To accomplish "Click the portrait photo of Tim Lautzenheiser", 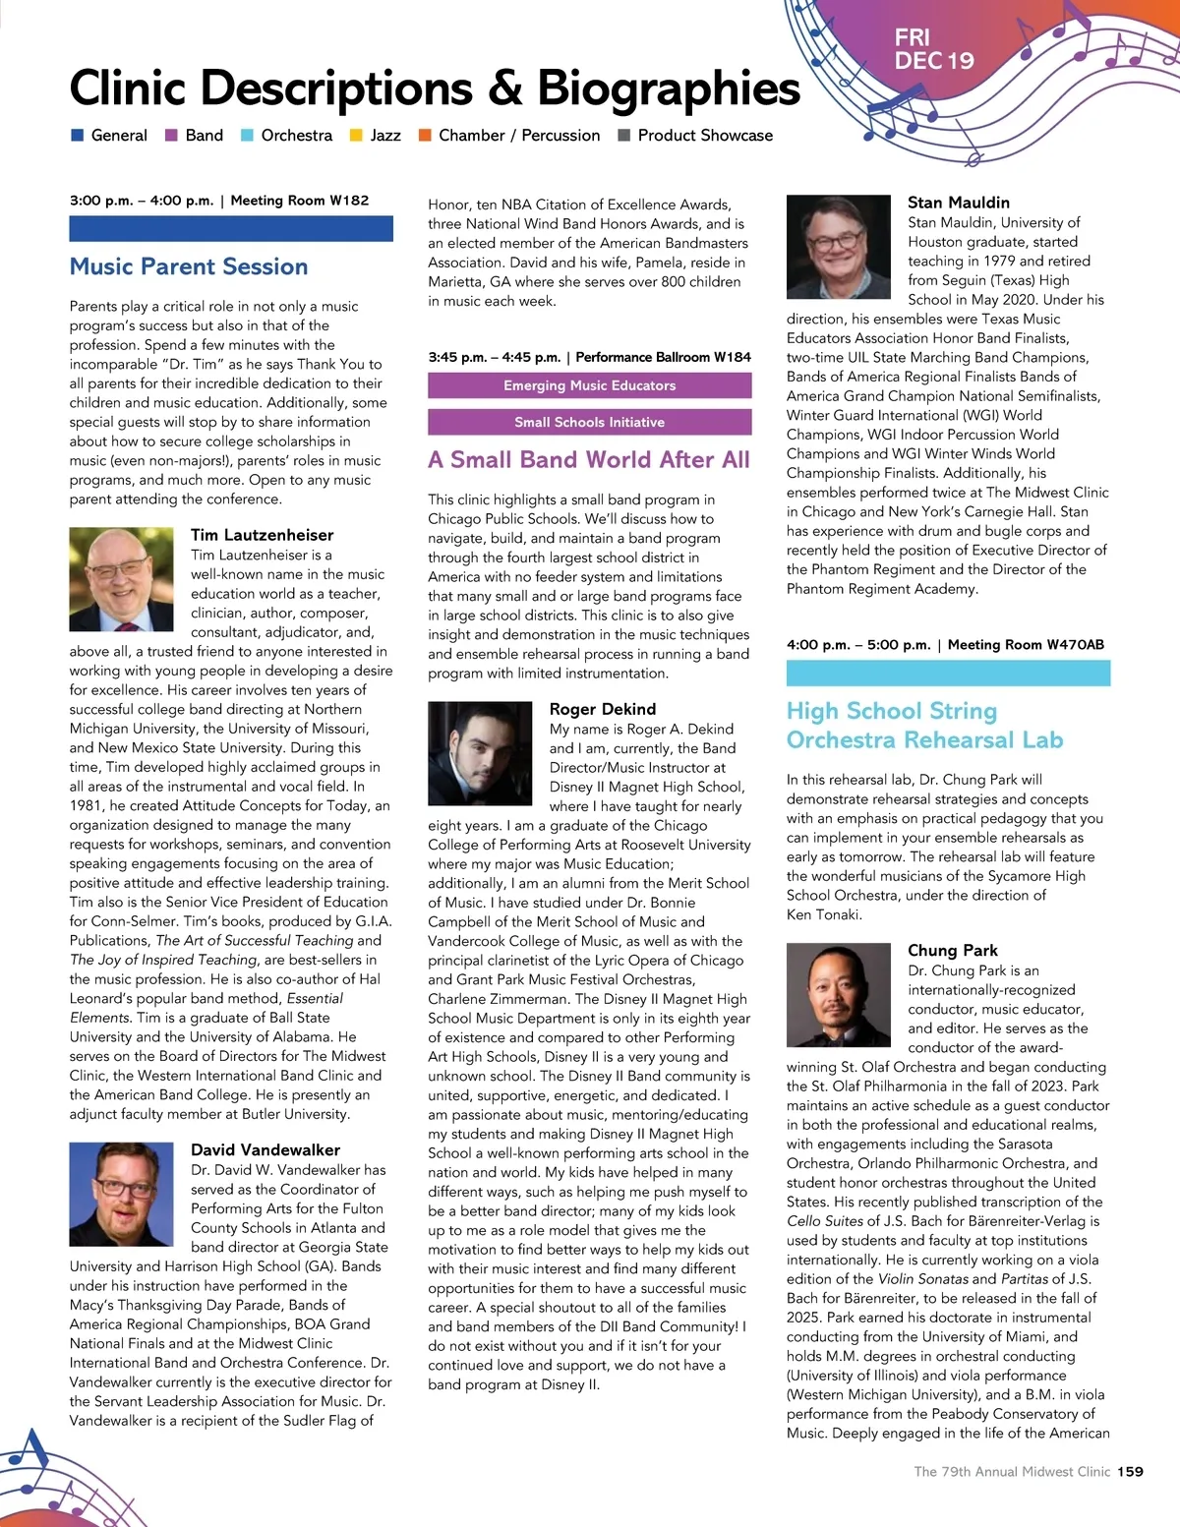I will (122, 579).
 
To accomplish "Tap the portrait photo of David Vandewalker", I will (122, 1195).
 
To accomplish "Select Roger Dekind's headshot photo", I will (481, 753).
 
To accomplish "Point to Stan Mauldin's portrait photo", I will (839, 247).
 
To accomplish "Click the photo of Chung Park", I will (839, 994).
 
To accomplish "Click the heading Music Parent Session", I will (189, 266).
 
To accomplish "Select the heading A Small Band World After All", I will (589, 459).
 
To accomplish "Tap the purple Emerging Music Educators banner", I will (589, 385).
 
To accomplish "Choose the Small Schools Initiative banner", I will (589, 422).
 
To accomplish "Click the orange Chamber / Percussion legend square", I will (425, 136).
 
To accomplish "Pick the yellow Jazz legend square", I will (357, 136).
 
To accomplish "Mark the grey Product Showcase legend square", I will (623, 136).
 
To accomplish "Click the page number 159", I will (1130, 1472).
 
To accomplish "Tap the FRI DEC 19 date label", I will (933, 49).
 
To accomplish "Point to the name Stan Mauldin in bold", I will (959, 203).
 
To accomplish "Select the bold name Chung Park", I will (953, 950).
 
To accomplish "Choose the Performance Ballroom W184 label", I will (664, 357).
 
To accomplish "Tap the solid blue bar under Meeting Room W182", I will (231, 229).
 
